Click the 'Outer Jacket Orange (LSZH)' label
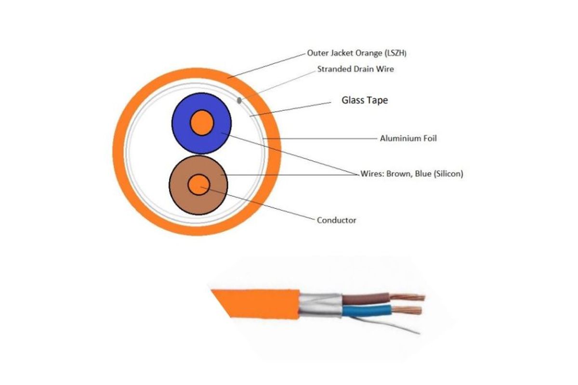pos(357,53)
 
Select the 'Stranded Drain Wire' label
pos(355,69)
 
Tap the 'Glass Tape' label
pos(365,101)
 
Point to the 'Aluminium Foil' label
pos(408,139)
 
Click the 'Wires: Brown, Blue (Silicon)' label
pos(412,174)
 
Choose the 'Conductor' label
pos(336,220)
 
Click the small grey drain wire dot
pos(239,100)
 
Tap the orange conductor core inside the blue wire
pos(201,123)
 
